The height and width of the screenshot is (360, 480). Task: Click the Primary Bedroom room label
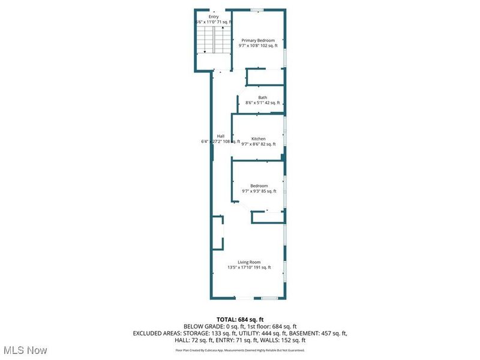pos(258,40)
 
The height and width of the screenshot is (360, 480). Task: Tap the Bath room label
pos(263,97)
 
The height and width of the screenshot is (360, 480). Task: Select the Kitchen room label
pos(258,139)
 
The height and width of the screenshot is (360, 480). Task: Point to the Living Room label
pos(249,262)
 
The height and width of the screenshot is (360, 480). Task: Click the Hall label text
pos(221,136)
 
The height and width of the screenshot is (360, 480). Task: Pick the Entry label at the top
pos(213,16)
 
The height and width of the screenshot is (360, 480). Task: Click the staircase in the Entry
pos(212,42)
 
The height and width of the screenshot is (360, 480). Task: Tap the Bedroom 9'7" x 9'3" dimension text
pos(259,191)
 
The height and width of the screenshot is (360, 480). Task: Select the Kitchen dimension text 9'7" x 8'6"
pos(258,144)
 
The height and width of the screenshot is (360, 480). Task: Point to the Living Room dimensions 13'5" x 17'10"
pos(249,268)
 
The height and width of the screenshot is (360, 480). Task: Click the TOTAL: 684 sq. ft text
pos(240,319)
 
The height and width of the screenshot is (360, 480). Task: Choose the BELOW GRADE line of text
pos(240,326)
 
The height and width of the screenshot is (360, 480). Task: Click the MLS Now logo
pos(25,349)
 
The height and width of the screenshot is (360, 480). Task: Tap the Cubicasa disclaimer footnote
pos(240,350)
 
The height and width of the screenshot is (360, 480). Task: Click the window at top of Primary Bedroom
pos(257,9)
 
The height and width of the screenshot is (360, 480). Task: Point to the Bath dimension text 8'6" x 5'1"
pos(263,103)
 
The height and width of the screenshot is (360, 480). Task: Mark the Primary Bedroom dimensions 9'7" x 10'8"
pos(258,46)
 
